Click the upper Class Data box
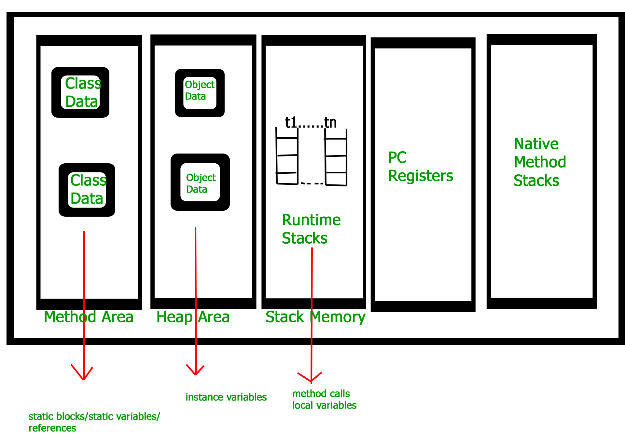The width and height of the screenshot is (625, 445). [80, 92]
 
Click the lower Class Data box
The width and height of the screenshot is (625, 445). [87, 190]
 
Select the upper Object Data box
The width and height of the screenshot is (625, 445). [200, 93]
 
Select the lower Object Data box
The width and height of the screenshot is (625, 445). [200, 182]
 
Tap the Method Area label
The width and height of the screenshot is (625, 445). [89, 317]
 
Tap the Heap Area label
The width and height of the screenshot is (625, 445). [193, 317]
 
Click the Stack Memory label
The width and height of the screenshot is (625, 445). [315, 317]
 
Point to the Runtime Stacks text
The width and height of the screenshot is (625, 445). [311, 229]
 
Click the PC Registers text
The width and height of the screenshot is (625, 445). [420, 167]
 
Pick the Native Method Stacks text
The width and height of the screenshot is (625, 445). [539, 162]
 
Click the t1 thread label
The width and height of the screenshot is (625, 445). [291, 123]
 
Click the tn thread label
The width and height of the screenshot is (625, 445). [330, 123]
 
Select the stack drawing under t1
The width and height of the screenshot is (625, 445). [287, 156]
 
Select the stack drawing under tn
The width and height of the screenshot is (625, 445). [336, 157]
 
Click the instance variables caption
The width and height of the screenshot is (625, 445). [226, 397]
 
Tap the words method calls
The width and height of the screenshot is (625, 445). [321, 394]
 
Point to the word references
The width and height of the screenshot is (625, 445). [52, 428]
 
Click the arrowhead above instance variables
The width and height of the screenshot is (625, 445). [195, 371]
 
